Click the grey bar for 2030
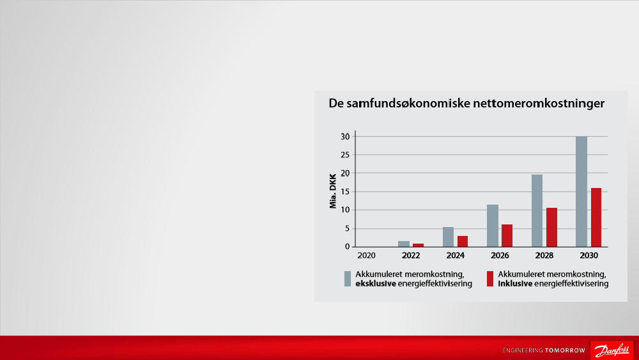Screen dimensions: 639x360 click(x=581, y=192)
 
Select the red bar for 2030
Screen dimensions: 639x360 click(x=596, y=217)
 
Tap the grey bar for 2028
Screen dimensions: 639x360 click(x=537, y=211)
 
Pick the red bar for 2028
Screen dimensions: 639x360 click(x=552, y=228)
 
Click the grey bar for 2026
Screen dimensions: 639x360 click(x=493, y=226)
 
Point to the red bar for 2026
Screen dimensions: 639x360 click(x=507, y=236)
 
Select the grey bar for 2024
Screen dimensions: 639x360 click(x=449, y=237)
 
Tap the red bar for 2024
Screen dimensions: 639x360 click(x=463, y=241)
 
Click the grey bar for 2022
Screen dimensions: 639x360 click(x=404, y=244)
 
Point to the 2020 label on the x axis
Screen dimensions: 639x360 click(x=366, y=256)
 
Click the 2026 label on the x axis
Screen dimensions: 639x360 click(x=500, y=256)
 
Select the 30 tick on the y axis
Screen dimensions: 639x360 click(x=345, y=137)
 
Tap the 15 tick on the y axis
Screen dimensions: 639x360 click(x=345, y=192)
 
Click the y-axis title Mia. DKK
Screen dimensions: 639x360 click(x=333, y=191)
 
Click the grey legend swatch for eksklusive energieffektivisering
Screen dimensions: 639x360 click(x=348, y=279)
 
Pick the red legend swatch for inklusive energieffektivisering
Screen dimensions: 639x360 click(x=490, y=279)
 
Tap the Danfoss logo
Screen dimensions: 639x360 click(x=612, y=350)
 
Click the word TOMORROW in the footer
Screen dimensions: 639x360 click(x=565, y=350)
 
